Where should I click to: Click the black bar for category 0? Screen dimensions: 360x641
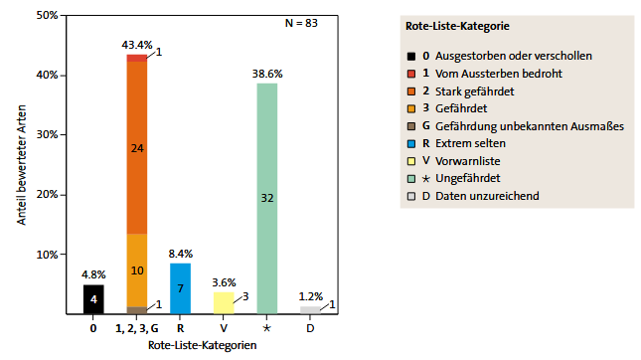pyautogui.click(x=93, y=299)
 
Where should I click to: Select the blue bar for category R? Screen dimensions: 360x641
pyautogui.click(x=180, y=288)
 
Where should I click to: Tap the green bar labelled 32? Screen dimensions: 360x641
pyautogui.click(x=267, y=199)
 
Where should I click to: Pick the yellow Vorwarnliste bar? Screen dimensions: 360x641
pyautogui.click(x=225, y=302)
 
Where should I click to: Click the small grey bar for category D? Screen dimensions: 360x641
pyautogui.click(x=311, y=310)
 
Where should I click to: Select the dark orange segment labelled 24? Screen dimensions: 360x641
pyautogui.click(x=137, y=148)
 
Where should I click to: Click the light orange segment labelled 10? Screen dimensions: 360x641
pyautogui.click(x=137, y=270)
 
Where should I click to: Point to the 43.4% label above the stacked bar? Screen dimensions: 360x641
pyautogui.click(x=137, y=46)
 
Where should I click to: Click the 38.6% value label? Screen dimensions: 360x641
pyautogui.click(x=267, y=75)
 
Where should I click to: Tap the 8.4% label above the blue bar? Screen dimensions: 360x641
pyautogui.click(x=180, y=255)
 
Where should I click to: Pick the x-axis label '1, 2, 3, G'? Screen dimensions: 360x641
pyautogui.click(x=137, y=327)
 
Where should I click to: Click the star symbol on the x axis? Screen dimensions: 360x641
pyautogui.click(x=267, y=327)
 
